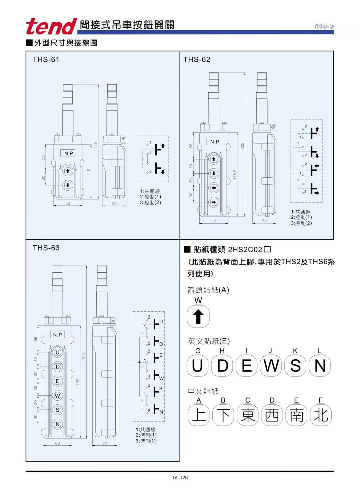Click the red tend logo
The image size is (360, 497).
pyautogui.click(x=51, y=26)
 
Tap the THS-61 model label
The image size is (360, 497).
pyautogui.click(x=46, y=60)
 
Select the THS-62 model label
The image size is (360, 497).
pyautogui.click(x=196, y=60)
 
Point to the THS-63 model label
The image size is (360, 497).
pyautogui.click(x=46, y=248)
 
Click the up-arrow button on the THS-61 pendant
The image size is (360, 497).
pyautogui.click(x=68, y=171)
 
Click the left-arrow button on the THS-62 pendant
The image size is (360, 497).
pyautogui.click(x=214, y=188)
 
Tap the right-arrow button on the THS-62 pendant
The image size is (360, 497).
pyautogui.click(x=214, y=202)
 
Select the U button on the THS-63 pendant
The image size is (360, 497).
pyautogui.click(x=57, y=352)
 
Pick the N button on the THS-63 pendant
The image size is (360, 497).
pyautogui.click(x=57, y=424)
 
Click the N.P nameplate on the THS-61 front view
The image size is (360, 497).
pyautogui.click(x=68, y=153)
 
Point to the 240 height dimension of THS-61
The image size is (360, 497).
pyautogui.click(x=96, y=145)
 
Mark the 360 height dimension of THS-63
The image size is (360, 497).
pyautogui.click(x=84, y=356)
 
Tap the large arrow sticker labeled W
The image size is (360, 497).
pyautogui.click(x=198, y=316)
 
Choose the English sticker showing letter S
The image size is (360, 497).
pyautogui.click(x=295, y=365)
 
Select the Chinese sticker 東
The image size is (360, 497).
pyautogui.click(x=248, y=415)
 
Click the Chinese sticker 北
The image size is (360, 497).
pyautogui.click(x=321, y=415)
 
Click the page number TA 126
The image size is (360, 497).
pyautogui.click(x=180, y=478)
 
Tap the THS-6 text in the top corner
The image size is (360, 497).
pyautogui.click(x=323, y=27)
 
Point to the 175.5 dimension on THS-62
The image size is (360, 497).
pyautogui.click(x=235, y=174)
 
